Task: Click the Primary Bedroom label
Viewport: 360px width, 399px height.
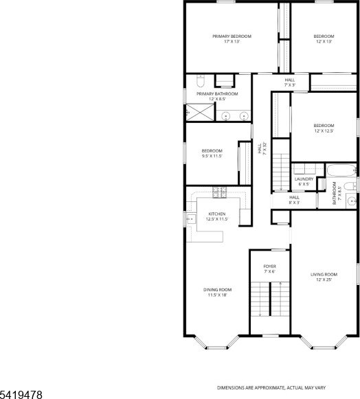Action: (x=232, y=36)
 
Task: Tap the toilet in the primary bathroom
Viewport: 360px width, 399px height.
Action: (x=201, y=80)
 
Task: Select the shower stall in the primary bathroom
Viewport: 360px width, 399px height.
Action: (x=200, y=112)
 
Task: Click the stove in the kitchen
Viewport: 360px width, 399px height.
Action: (x=219, y=192)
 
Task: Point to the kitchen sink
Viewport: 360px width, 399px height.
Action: (x=191, y=219)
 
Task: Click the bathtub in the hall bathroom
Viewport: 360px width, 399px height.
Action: (x=341, y=170)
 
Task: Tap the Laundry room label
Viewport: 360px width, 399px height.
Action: (x=304, y=179)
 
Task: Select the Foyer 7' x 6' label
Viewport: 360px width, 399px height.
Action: (x=269, y=269)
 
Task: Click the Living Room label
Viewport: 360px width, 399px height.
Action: (x=324, y=274)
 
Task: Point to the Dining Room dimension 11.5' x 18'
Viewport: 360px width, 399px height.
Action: (x=217, y=295)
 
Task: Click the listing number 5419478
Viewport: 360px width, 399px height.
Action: (x=21, y=395)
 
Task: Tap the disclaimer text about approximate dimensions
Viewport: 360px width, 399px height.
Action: (x=271, y=388)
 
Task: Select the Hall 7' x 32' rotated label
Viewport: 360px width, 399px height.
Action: (x=262, y=148)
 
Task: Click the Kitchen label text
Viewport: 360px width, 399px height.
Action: (x=217, y=214)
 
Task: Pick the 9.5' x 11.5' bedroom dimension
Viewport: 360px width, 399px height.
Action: (x=212, y=156)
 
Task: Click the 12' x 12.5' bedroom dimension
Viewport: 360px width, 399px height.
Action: (x=324, y=130)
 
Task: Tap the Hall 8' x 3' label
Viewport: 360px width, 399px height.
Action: (x=294, y=200)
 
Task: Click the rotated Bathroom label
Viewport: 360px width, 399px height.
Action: (x=334, y=193)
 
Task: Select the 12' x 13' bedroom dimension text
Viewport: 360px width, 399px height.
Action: (x=324, y=41)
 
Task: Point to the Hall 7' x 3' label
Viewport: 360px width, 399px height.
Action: (x=290, y=82)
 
